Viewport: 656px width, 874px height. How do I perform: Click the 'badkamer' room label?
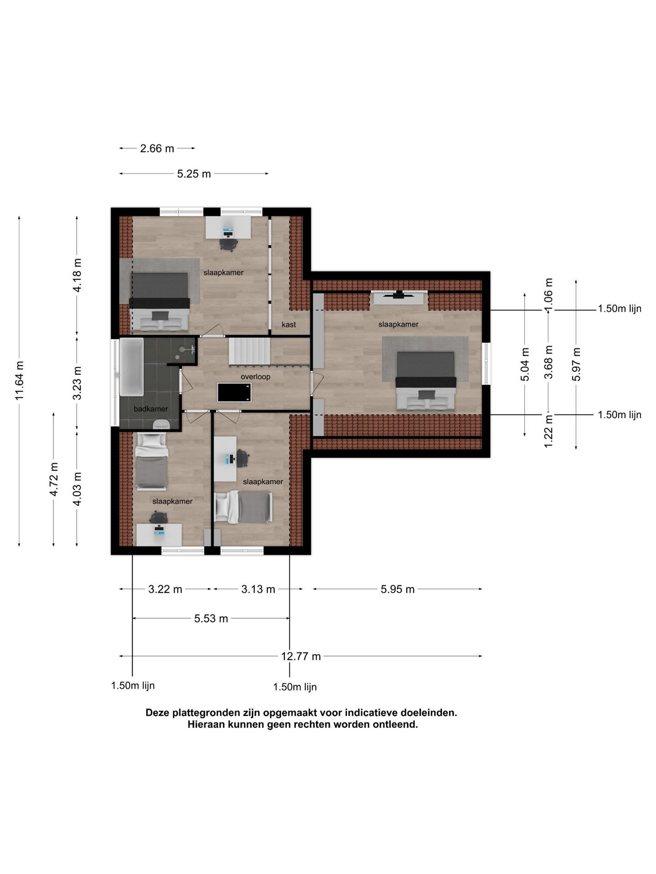pyautogui.click(x=150, y=409)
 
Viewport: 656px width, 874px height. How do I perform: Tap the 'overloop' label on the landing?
pyautogui.click(x=256, y=377)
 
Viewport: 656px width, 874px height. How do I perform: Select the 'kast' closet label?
pyautogui.click(x=289, y=325)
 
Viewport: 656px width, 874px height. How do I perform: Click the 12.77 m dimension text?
pyautogui.click(x=301, y=656)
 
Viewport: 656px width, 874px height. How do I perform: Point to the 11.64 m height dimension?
pyautogui.click(x=19, y=381)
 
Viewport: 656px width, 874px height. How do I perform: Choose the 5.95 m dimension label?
pyautogui.click(x=398, y=589)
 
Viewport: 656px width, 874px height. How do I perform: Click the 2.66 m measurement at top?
pyautogui.click(x=157, y=148)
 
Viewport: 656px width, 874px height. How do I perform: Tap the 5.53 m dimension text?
pyautogui.click(x=211, y=618)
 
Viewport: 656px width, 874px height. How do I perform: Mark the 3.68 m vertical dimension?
pyautogui.click(x=548, y=362)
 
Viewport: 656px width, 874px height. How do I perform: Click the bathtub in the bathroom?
pyautogui.click(x=131, y=367)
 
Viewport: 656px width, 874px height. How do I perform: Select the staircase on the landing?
pyautogui.click(x=250, y=351)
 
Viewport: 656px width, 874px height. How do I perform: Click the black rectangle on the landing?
pyautogui.click(x=235, y=392)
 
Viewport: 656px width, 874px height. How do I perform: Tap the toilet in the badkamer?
pyautogui.click(x=162, y=424)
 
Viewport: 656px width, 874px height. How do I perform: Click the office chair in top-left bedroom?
pyautogui.click(x=228, y=244)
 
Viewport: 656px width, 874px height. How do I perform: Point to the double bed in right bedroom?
pyautogui.click(x=426, y=380)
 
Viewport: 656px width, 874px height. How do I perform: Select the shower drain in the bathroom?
pyautogui.click(x=183, y=350)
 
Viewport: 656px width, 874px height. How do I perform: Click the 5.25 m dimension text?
pyautogui.click(x=194, y=174)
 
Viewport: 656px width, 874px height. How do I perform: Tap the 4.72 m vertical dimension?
pyautogui.click(x=54, y=479)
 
